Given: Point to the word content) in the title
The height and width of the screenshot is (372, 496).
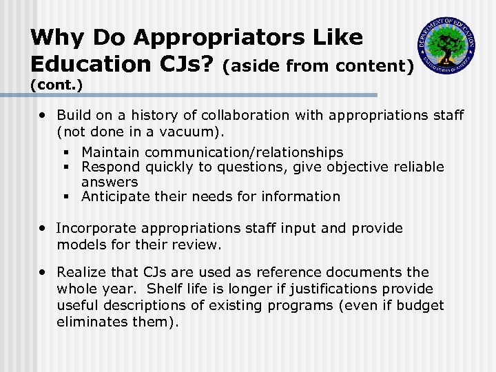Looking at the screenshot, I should [378, 66].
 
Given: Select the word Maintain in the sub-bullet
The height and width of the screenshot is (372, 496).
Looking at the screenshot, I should [110, 152].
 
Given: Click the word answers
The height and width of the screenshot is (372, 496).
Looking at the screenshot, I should [110, 182].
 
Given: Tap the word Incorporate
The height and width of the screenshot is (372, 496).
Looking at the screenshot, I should [99, 228].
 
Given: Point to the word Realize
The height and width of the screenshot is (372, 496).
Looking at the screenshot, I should [81, 272].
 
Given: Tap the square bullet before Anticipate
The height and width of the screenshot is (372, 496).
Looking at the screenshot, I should [66, 197].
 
